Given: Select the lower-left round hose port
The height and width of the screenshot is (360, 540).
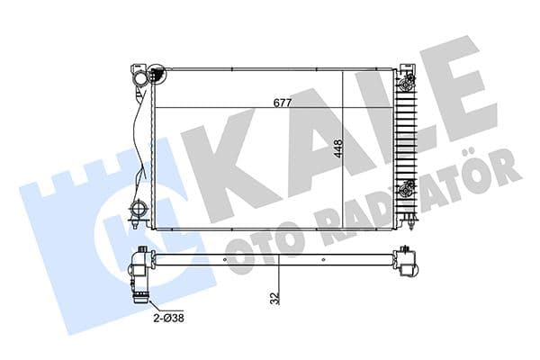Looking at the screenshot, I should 139,213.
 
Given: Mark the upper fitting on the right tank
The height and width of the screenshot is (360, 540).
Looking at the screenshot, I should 409,85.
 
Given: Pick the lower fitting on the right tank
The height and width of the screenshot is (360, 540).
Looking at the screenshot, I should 409,189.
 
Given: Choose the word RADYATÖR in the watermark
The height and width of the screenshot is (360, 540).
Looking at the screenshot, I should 405,207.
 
